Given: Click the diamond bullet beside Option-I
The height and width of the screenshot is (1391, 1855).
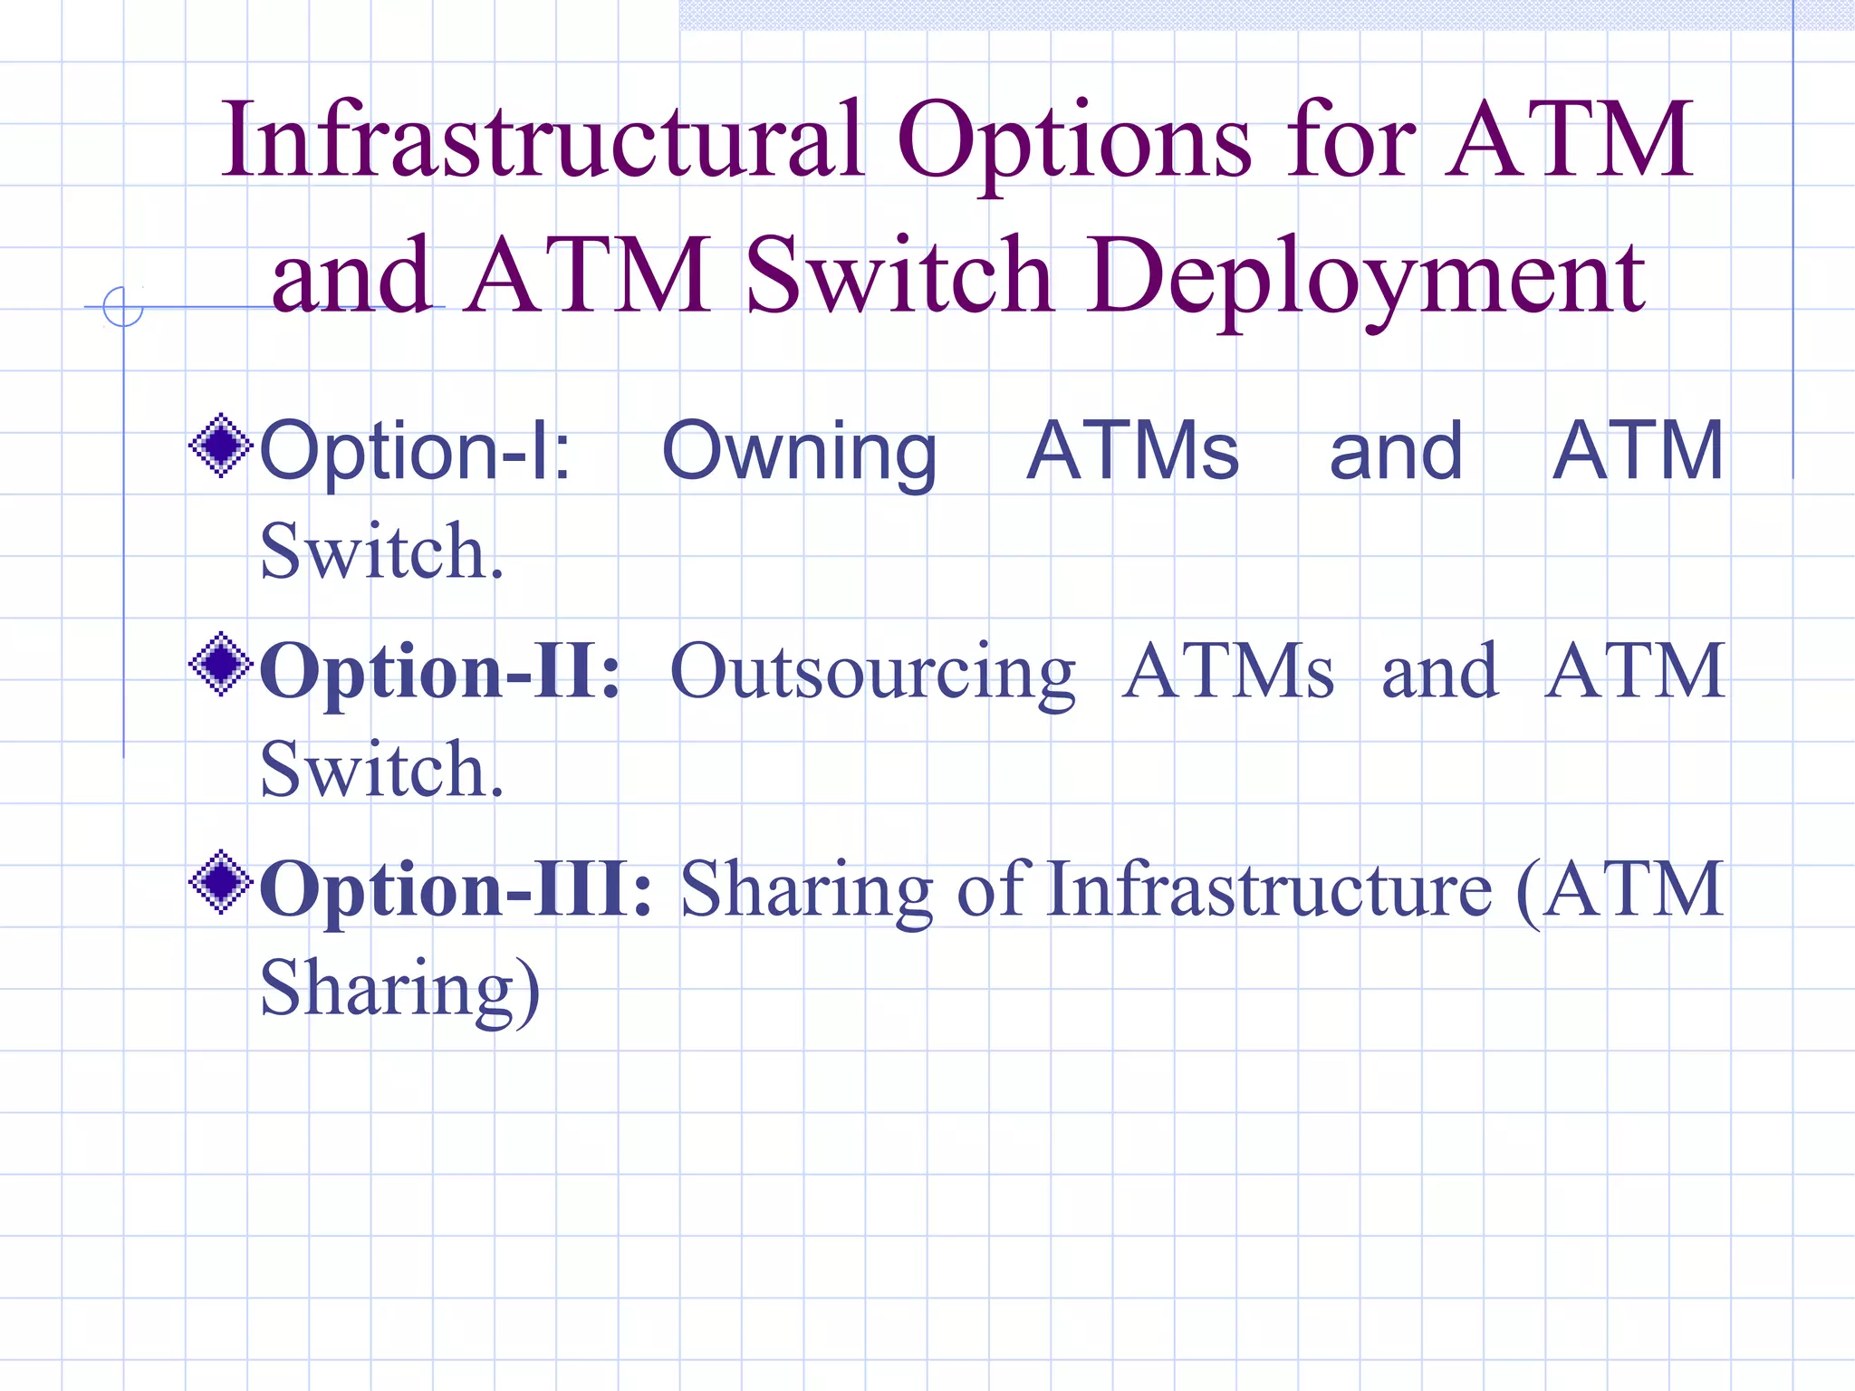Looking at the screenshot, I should (x=220, y=445).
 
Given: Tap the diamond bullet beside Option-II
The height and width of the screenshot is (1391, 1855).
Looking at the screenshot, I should (x=220, y=665).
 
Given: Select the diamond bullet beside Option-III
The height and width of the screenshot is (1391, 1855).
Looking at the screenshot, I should (x=220, y=882).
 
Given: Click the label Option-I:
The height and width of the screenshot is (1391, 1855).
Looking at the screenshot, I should (x=415, y=452).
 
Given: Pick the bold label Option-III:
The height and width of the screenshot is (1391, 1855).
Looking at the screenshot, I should (x=456, y=889).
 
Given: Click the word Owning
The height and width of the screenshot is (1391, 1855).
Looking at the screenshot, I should (x=799, y=452).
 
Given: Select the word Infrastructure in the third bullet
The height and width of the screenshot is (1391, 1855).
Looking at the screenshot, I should (x=1269, y=889).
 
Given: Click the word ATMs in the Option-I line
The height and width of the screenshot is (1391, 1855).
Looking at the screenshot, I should (x=1132, y=450).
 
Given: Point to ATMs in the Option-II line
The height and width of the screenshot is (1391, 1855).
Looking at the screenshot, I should (x=1227, y=671).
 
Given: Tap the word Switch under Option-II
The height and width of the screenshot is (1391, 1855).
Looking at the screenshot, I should (x=381, y=769).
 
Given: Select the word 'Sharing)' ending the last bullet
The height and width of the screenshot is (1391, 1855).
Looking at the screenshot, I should (x=399, y=990).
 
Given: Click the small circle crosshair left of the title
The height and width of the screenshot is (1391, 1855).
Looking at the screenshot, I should (x=123, y=306).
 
